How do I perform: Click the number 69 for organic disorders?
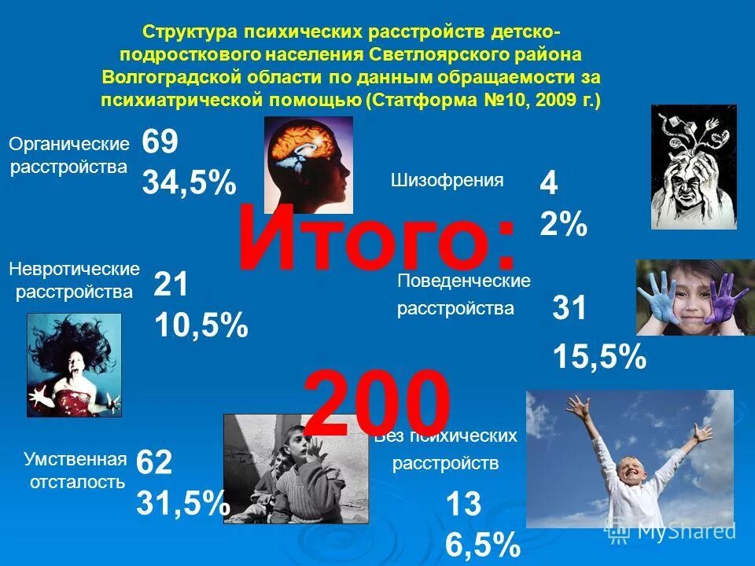point(160,144)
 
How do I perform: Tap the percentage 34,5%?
point(189,183)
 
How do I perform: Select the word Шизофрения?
point(447,180)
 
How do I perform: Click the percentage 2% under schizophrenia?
point(563,226)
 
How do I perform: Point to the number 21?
point(171,285)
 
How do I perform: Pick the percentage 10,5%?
point(201,325)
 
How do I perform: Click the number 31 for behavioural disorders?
point(570,309)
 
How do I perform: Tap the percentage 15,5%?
point(599,358)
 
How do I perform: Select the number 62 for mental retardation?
point(153,463)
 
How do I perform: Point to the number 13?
point(463,504)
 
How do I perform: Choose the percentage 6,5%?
point(482,544)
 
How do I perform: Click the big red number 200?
point(377,405)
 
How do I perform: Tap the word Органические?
point(68,144)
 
